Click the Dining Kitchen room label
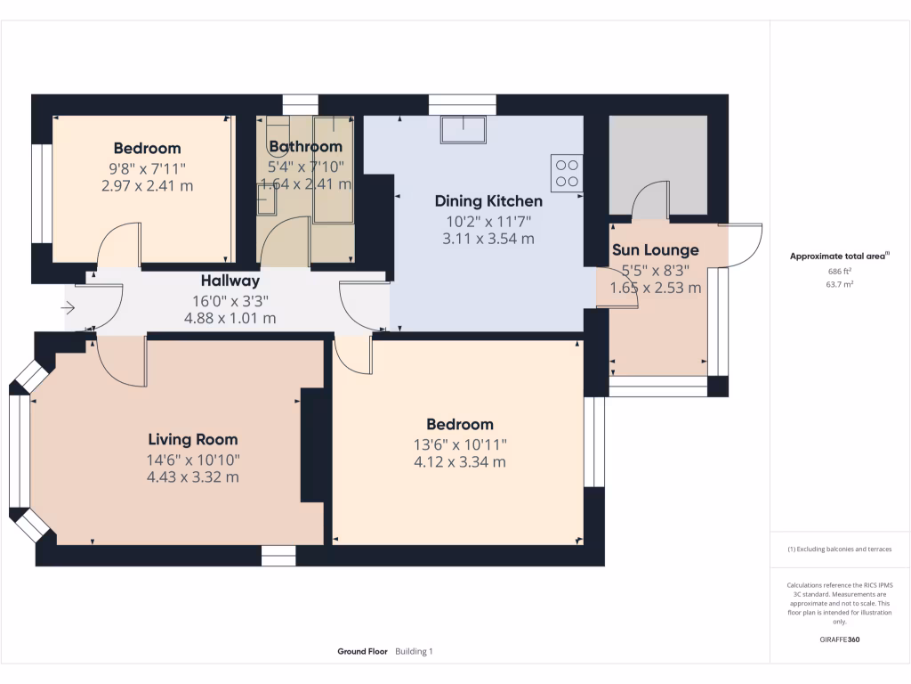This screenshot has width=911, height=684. pos(488,201)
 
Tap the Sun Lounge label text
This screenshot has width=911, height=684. pos(655,250)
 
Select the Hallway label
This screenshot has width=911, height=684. pos(230,281)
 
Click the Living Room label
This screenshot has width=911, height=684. pos(192,439)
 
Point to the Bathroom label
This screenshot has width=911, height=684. pos(305,147)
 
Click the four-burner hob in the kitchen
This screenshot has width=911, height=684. pos(567,172)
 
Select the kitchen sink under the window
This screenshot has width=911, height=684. pos(463,130)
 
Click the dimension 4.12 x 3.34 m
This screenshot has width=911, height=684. pos(459,462)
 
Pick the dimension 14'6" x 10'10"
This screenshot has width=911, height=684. pos(192,459)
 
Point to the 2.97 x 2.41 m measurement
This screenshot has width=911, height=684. pos(147,186)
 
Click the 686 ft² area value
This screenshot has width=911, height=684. pos(840,271)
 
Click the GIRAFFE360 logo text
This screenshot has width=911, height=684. pos(840,639)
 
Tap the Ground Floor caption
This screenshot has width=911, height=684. pos(362,652)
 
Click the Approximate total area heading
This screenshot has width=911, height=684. pos(839,256)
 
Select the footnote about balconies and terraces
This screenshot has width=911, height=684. pos(840,550)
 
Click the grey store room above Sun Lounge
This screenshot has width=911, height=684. pos(658,165)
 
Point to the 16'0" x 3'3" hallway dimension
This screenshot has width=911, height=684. pos(230,300)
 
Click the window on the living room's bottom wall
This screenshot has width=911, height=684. pos(278,557)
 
